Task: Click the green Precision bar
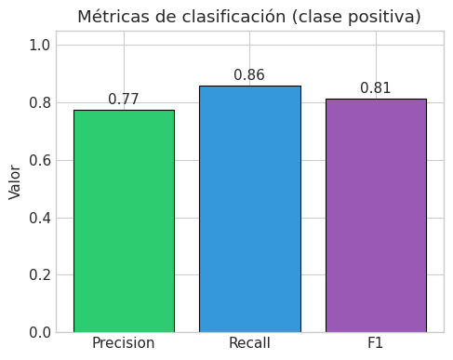pos(124,221)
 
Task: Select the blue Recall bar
pos(250,209)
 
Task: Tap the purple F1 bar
pos(376,216)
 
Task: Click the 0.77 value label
pos(124,100)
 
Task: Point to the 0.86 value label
pos(249,75)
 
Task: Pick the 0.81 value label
pos(376,88)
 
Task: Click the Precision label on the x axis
pos(124,343)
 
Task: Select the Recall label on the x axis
pos(249,343)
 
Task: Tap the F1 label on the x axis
pos(375,343)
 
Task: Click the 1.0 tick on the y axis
pos(39,46)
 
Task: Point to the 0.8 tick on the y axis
pos(39,103)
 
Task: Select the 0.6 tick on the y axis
pos(39,161)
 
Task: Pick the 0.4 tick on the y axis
pos(39,219)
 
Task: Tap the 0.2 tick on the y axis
pos(39,275)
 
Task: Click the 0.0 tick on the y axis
pos(39,333)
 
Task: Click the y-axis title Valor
pos(15,182)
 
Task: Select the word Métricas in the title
pos(113,17)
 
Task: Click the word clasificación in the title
pos(233,17)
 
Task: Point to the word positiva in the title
pos(381,17)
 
